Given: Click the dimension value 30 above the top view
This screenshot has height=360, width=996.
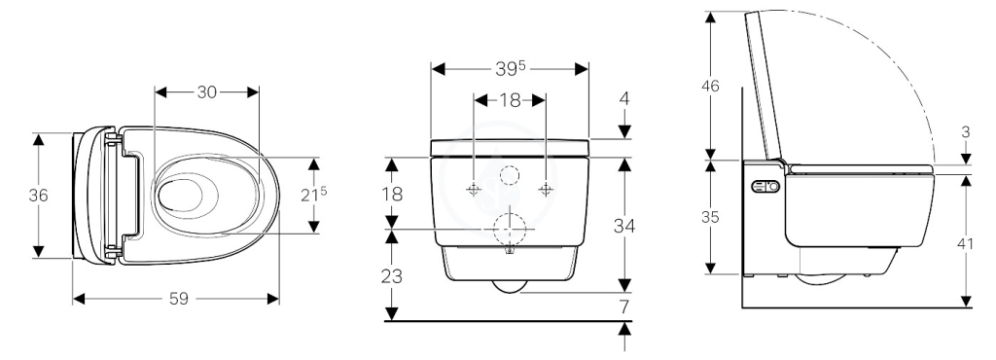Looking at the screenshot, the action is coord(206,92).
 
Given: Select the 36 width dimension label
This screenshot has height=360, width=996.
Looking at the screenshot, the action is coord(38,196).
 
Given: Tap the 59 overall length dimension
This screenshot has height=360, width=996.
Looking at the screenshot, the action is coord(179,299).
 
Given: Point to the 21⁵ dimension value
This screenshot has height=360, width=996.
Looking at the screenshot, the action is coord(314,195).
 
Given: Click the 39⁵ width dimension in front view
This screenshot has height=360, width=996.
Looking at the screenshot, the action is coord(510,69).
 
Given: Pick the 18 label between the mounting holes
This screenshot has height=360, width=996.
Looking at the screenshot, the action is coord(510,100).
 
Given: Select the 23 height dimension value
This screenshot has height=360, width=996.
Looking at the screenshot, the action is coord(393,277).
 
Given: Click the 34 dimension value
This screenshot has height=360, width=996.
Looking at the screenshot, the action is coord(624,226).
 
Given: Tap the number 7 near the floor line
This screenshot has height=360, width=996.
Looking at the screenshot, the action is coord(624,307).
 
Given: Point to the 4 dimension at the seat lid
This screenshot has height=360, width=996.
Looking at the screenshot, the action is coord(624,99).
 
